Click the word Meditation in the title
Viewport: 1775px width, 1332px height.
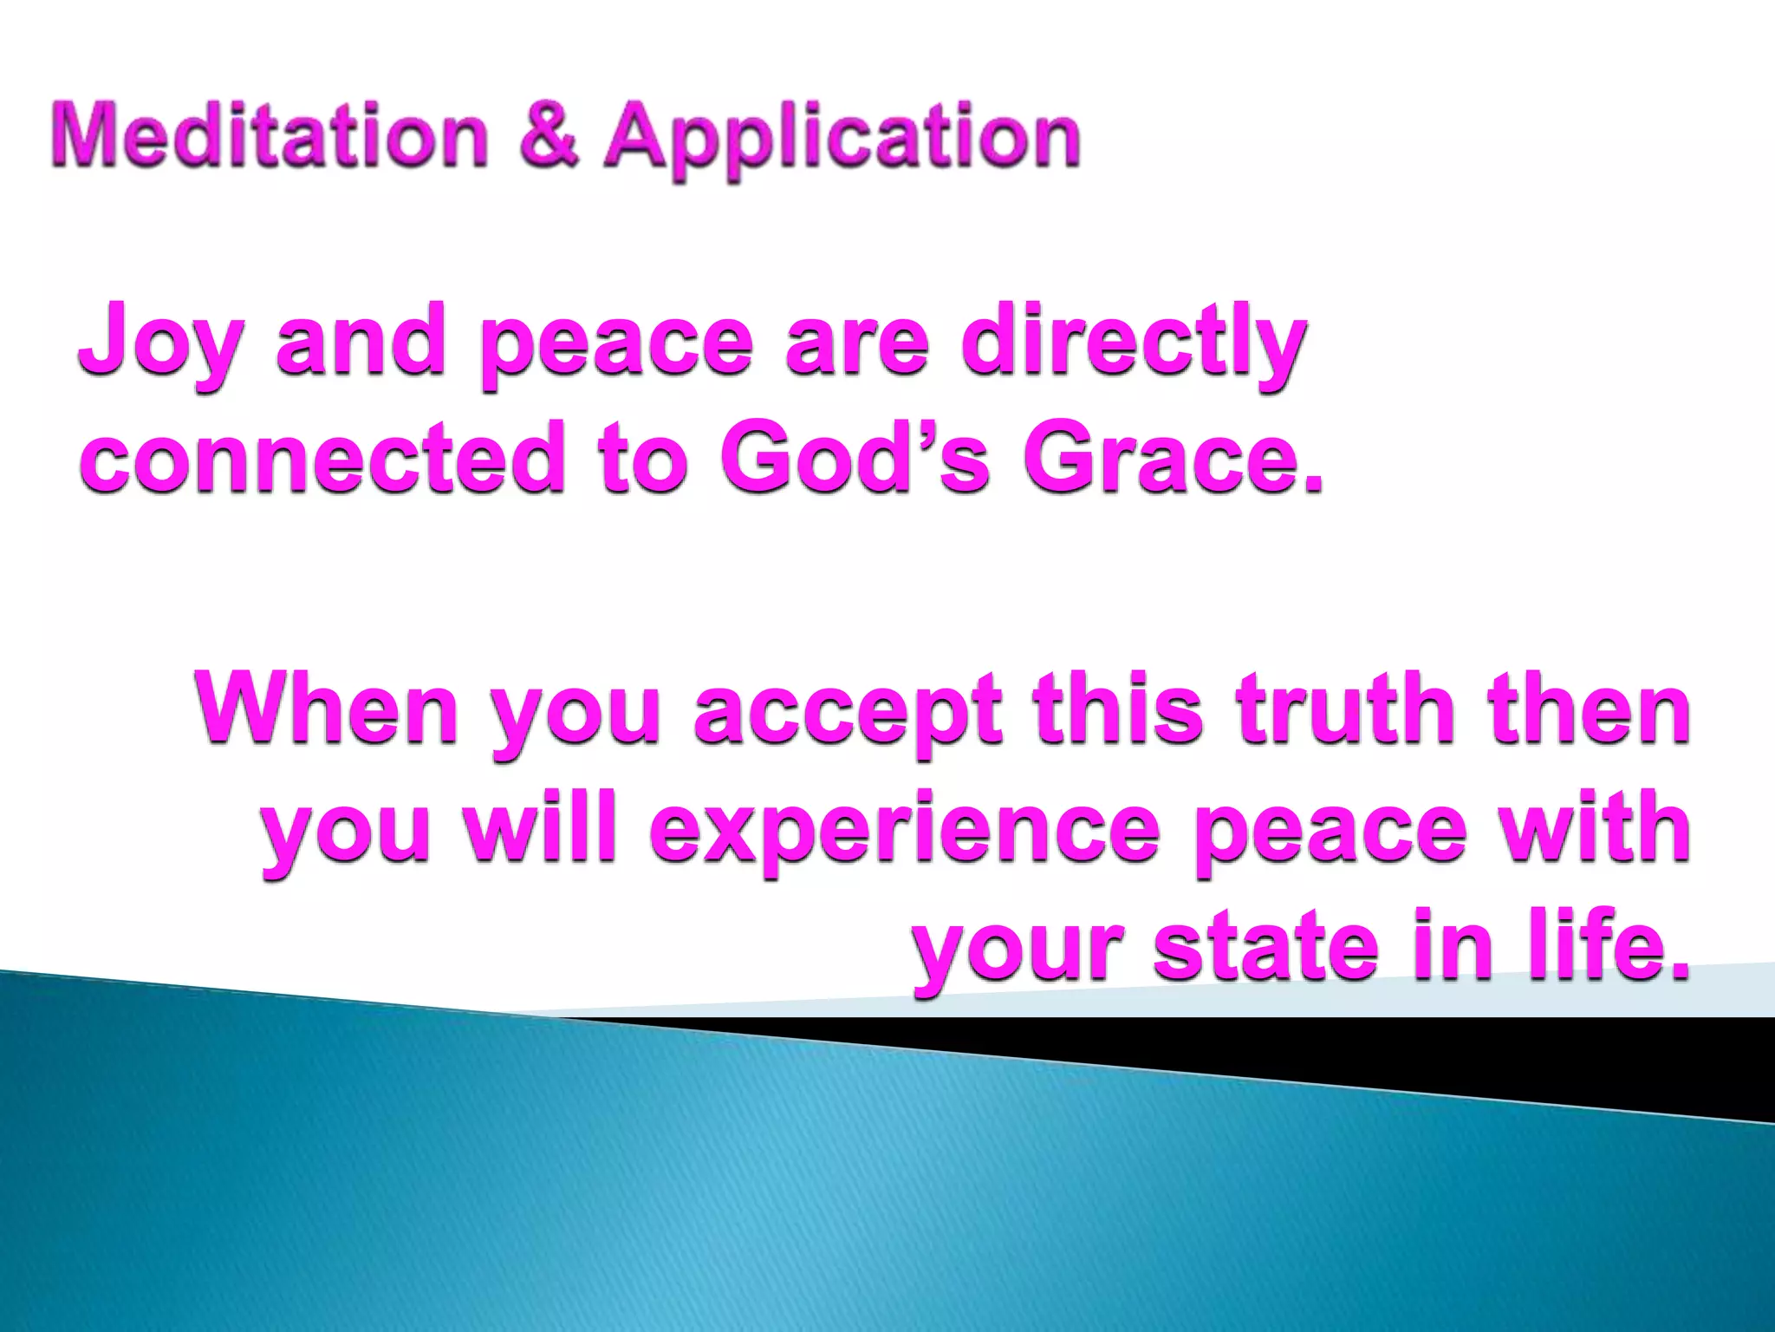[x=270, y=136]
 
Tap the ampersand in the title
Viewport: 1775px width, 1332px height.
[x=549, y=136]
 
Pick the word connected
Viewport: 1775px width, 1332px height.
[x=322, y=457]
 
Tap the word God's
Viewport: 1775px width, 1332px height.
[x=854, y=457]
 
